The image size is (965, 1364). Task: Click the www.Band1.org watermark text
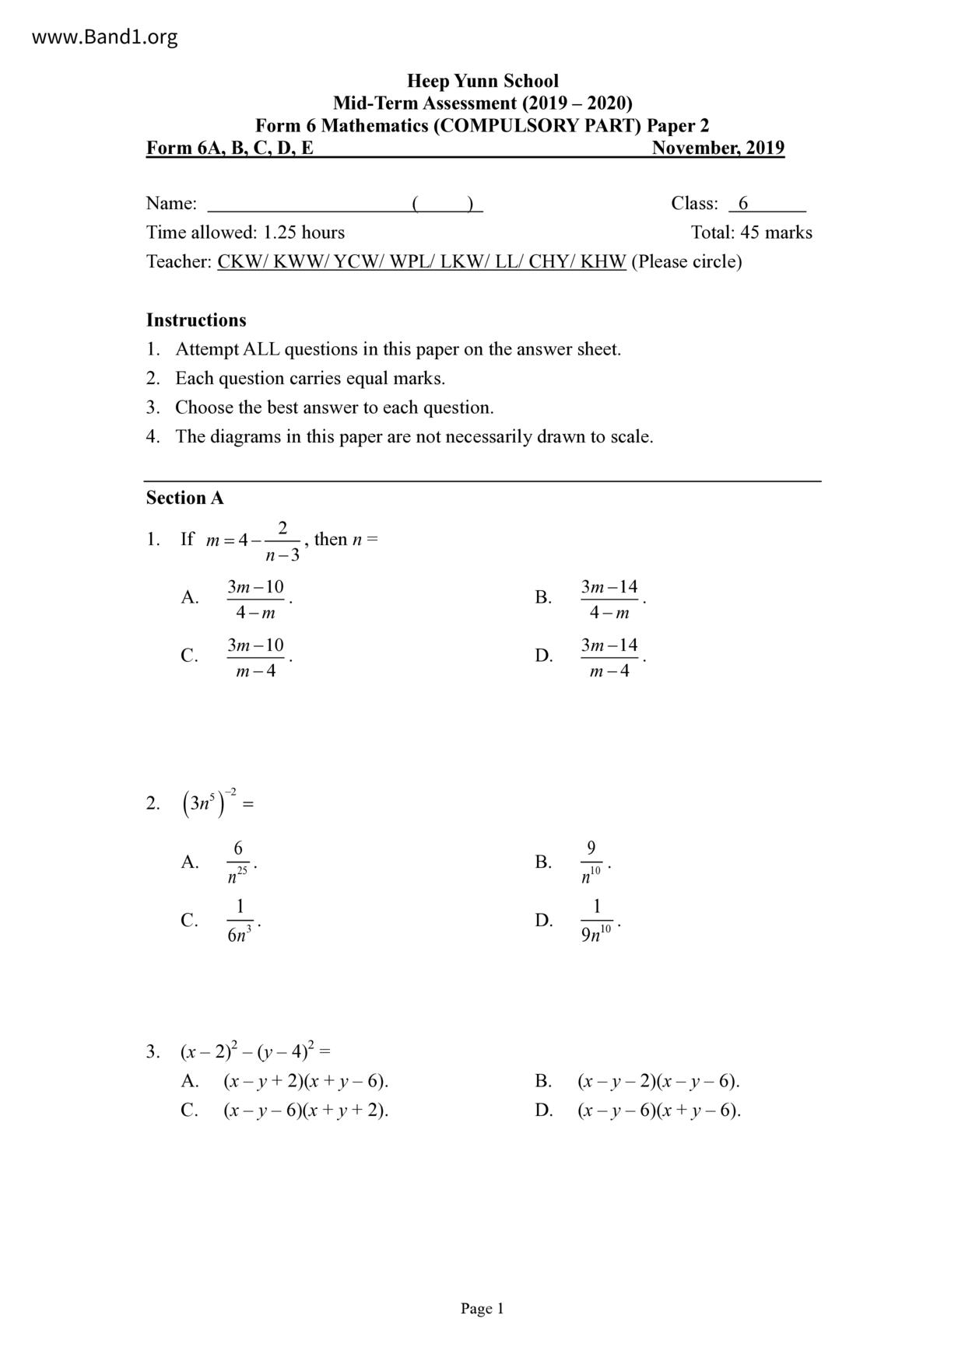click(x=104, y=37)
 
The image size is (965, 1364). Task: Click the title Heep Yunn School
click(x=482, y=81)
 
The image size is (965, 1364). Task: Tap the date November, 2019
click(x=718, y=148)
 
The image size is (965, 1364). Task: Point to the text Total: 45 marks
click(x=751, y=233)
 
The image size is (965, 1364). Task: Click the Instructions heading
click(x=196, y=320)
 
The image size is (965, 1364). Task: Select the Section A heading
click(x=184, y=498)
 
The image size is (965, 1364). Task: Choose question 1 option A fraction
click(x=255, y=599)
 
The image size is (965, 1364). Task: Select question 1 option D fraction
click(x=609, y=657)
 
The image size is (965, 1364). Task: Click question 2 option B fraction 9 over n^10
click(x=591, y=862)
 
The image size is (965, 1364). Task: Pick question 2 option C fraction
click(x=240, y=921)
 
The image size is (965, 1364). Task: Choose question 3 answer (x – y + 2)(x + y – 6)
click(x=305, y=1081)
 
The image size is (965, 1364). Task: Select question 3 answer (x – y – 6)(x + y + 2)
click(x=305, y=1110)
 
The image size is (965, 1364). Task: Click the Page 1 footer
click(x=482, y=1309)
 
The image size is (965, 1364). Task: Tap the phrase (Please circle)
click(x=686, y=261)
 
